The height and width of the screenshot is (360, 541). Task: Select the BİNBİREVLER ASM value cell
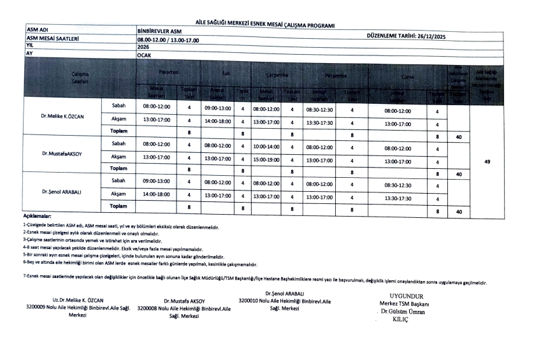(159, 31)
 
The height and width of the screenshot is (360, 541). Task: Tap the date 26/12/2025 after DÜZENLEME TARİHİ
(431, 36)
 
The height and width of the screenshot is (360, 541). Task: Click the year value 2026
(143, 47)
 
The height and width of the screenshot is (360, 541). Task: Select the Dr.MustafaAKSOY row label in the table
(62, 154)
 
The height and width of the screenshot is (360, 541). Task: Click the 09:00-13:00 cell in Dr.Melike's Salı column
(217, 108)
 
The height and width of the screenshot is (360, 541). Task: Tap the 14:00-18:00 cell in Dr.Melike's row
(217, 121)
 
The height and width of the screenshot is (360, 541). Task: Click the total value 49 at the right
(486, 162)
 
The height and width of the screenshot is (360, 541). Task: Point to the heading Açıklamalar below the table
(36, 217)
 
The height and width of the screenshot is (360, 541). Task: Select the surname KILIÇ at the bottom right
(401, 319)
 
